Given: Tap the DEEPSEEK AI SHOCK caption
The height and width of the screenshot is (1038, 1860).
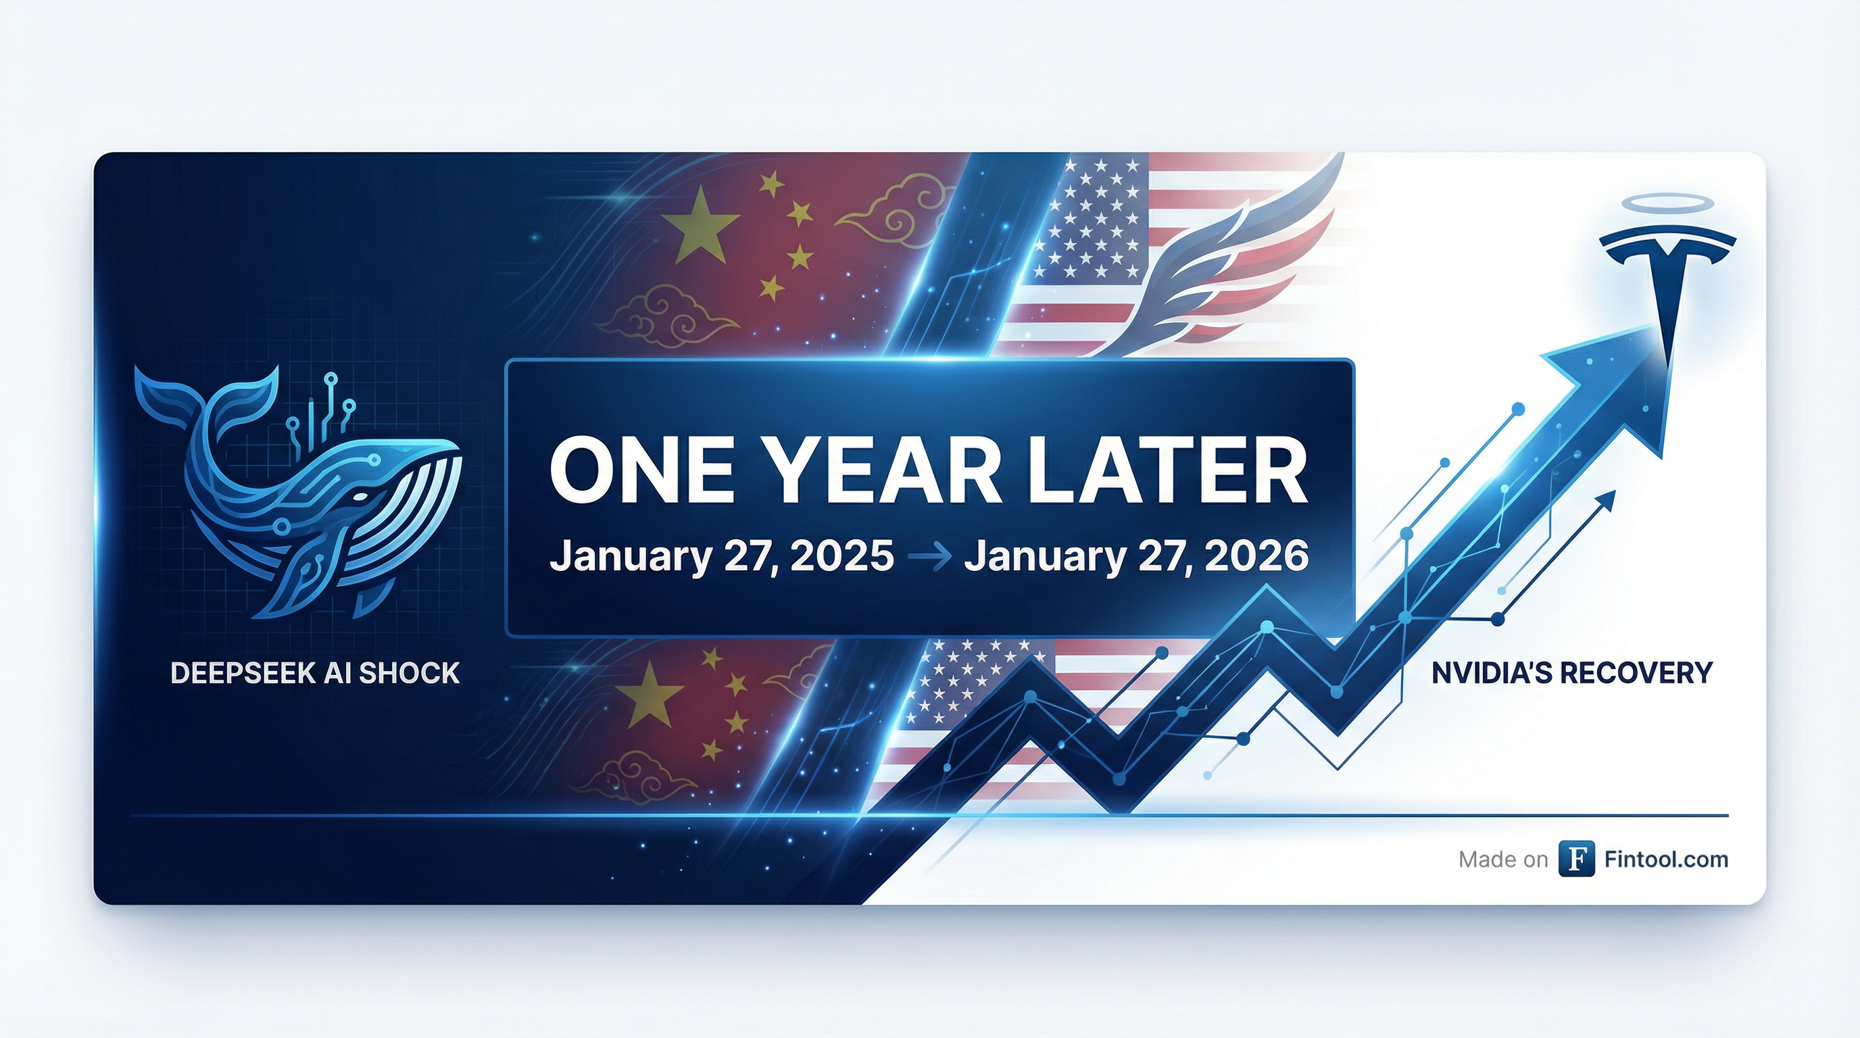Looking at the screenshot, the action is (x=315, y=674).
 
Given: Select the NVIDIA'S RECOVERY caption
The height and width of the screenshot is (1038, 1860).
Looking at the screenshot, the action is (x=1572, y=674).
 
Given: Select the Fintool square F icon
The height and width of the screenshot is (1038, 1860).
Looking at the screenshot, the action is (x=1577, y=859).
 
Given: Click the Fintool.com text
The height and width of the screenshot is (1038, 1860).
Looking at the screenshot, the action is (x=1666, y=859).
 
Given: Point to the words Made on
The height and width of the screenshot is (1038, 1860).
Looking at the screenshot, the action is (x=1503, y=860).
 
